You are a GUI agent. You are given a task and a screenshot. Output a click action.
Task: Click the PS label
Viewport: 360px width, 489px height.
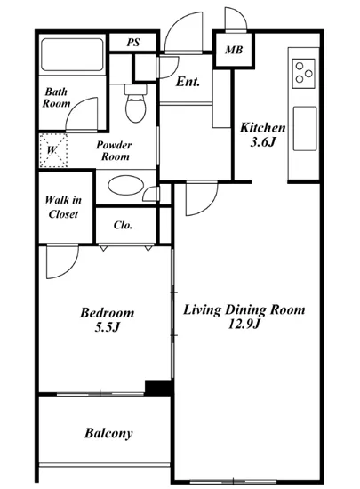[x=133, y=42]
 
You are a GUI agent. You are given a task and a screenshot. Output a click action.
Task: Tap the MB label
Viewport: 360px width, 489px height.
[x=234, y=50]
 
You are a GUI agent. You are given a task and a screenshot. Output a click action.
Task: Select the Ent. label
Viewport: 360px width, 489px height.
[x=188, y=82]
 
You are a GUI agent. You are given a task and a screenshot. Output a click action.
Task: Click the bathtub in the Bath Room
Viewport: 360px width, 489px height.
[x=72, y=54]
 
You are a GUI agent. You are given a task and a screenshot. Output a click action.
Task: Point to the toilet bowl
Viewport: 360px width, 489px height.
[x=136, y=106]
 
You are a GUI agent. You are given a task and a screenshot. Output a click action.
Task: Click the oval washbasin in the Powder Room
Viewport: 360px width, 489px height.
[x=125, y=186]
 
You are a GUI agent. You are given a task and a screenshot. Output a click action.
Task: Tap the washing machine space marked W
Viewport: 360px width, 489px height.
[x=53, y=150]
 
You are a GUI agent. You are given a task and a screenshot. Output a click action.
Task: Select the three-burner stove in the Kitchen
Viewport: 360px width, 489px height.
[x=303, y=74]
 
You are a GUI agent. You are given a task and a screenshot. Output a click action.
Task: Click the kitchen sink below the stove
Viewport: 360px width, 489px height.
[x=305, y=129]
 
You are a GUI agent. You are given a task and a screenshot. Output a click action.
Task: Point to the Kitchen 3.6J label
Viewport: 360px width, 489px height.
[x=263, y=135]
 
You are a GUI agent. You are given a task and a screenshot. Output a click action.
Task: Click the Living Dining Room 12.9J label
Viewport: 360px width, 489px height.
[x=244, y=317]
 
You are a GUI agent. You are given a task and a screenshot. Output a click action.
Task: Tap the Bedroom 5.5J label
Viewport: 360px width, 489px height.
[x=108, y=320]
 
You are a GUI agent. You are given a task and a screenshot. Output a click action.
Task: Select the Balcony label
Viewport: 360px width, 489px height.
[x=108, y=433]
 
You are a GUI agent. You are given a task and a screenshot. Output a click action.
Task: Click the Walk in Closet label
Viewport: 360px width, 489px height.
[x=63, y=207]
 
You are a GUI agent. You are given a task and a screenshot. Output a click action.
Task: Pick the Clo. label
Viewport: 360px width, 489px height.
[x=123, y=225]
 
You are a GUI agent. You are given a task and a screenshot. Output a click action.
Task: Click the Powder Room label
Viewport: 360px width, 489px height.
[x=114, y=150]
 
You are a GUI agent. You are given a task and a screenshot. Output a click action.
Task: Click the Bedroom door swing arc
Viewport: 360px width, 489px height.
[x=67, y=268]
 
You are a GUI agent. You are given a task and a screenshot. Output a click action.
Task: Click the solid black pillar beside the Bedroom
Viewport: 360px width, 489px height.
[x=158, y=388]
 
